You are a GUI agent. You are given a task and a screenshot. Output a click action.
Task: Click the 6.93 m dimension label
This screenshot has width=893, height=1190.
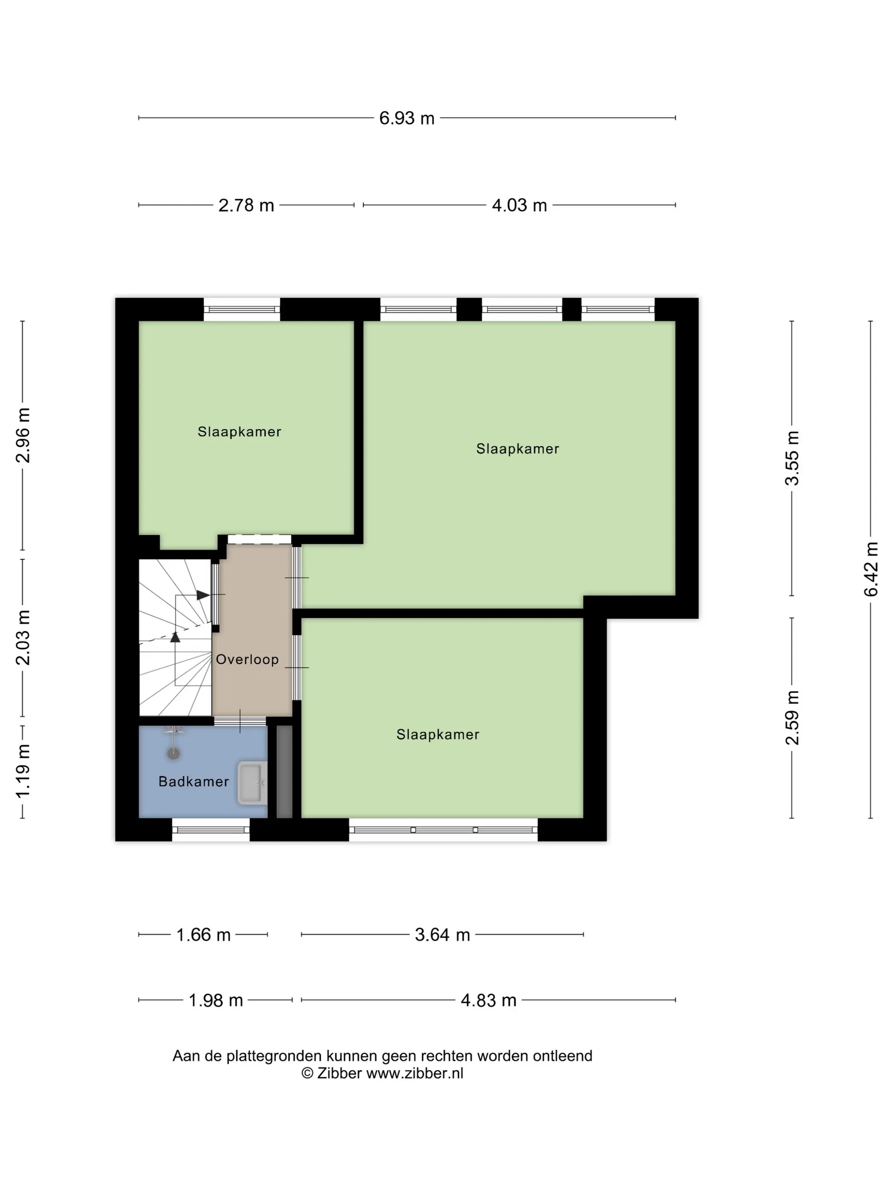pyautogui.click(x=407, y=118)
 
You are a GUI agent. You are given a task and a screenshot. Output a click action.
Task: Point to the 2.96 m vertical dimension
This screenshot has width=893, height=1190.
pyautogui.click(x=23, y=435)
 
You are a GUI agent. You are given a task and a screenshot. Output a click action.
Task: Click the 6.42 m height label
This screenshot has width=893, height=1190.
pyautogui.click(x=870, y=569)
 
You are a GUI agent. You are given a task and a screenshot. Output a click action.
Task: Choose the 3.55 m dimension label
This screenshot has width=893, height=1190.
pyautogui.click(x=792, y=458)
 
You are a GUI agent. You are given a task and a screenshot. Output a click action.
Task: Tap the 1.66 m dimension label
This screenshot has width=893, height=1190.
pyautogui.click(x=203, y=935)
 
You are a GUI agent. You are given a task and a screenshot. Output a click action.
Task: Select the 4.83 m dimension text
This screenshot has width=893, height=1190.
pyautogui.click(x=488, y=1000)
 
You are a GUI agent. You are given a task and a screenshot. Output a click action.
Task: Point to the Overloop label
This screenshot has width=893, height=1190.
pyautogui.click(x=247, y=660)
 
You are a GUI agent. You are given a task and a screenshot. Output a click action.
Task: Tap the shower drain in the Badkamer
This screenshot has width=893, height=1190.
pyautogui.click(x=173, y=753)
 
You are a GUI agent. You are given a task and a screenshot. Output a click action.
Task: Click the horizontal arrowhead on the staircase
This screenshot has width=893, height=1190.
pyautogui.click(x=203, y=595)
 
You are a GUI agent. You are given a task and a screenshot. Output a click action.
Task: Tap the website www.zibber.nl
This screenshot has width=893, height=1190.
pyautogui.click(x=415, y=1073)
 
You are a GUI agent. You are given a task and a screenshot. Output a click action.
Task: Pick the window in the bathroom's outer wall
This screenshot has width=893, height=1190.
pyautogui.click(x=211, y=830)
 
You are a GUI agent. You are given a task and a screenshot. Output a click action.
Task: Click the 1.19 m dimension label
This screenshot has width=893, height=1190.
pyautogui.click(x=23, y=772)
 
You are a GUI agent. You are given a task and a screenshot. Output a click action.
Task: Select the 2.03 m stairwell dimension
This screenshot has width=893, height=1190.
pyautogui.click(x=23, y=637)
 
